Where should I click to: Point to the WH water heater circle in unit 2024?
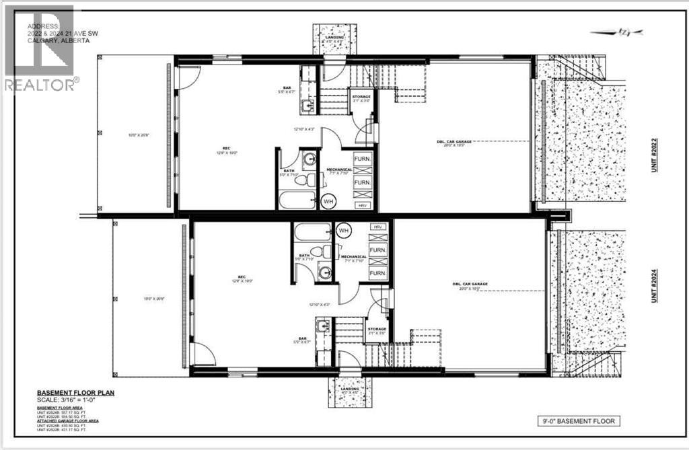(x=343, y=231)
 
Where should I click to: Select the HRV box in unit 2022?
(x=361, y=204)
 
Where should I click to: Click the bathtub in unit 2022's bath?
(x=297, y=200)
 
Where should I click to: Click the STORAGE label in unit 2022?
(x=361, y=97)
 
